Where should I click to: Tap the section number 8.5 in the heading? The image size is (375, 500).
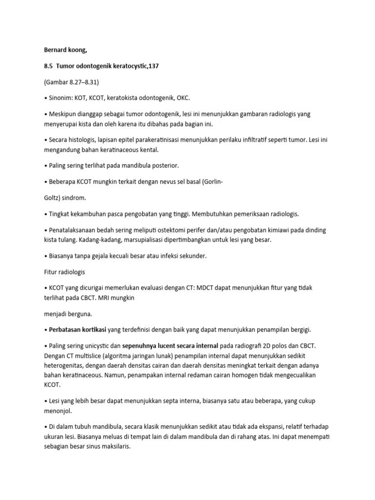coord(47,66)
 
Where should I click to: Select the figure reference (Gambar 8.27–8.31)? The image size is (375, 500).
coord(71,82)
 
